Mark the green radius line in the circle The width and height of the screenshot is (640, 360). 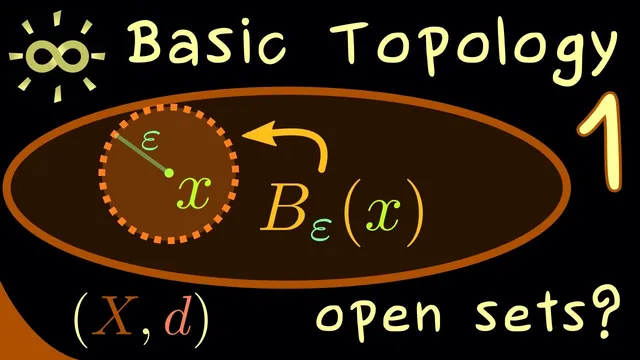(141, 154)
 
